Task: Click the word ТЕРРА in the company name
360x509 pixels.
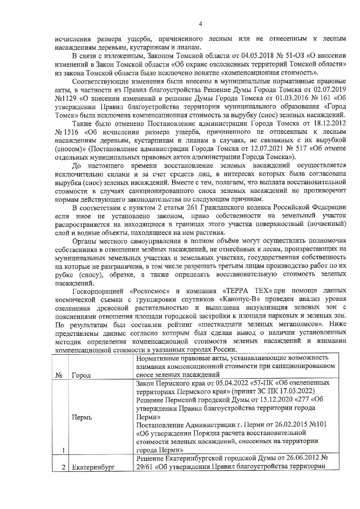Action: [237, 291]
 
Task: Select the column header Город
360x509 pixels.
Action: [81, 375]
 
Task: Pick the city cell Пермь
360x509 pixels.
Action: [82, 418]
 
